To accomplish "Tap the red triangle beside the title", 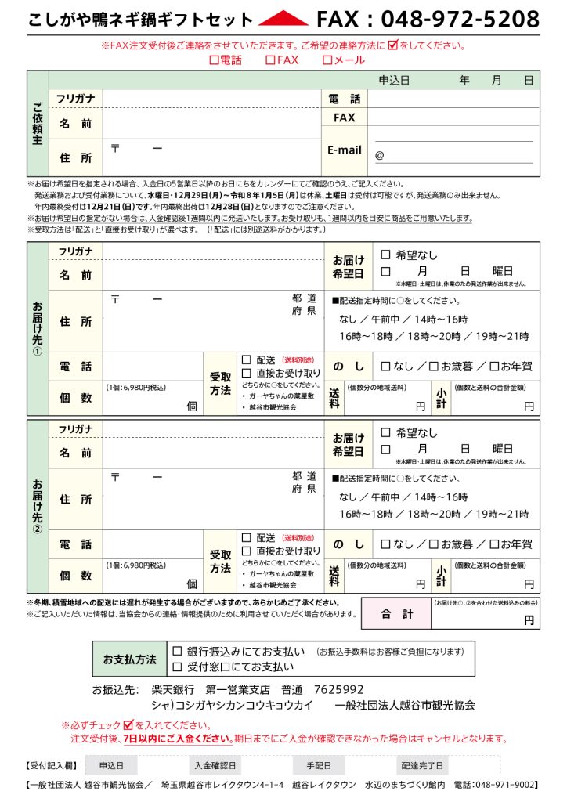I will pyautogui.click(x=283, y=19).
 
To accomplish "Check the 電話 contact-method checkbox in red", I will pyautogui.click(x=214, y=60).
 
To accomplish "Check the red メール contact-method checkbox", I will pyautogui.click(x=327, y=60).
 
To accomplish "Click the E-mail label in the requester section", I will pyautogui.click(x=345, y=150).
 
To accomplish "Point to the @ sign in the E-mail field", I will pyautogui.click(x=380, y=155).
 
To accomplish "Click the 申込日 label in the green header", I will pyautogui.click(x=394, y=81).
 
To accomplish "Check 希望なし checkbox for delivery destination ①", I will pyautogui.click(x=385, y=255).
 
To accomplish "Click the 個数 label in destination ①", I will pyautogui.click(x=75, y=398).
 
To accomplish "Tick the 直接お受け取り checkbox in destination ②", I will pyautogui.click(x=247, y=551).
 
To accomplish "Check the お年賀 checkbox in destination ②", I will pyautogui.click(x=494, y=544).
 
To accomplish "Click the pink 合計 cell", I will pyautogui.click(x=396, y=614).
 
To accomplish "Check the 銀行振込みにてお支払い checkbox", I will pyautogui.click(x=177, y=652).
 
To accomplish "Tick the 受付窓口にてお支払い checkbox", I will pyautogui.click(x=177, y=667).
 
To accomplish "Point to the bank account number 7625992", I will pyautogui.click(x=338, y=690).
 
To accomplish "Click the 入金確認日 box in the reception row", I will pyautogui.click(x=217, y=765).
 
